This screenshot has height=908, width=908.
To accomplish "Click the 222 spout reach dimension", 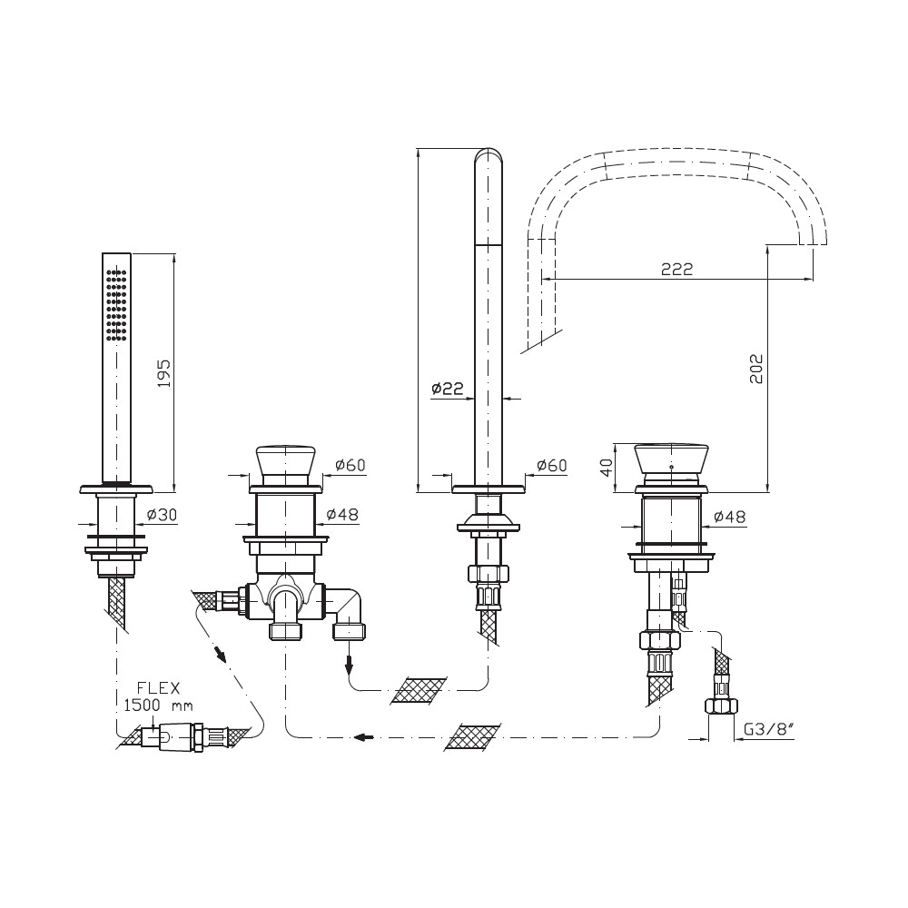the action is point(676,270).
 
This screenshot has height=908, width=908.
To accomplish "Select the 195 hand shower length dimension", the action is point(164,373).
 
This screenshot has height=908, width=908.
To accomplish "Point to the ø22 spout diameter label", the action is point(448,388).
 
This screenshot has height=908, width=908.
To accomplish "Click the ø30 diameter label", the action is point(162,514).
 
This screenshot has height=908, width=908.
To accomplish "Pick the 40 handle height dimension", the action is point(607,468).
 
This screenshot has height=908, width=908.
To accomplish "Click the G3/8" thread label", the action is point(768,729).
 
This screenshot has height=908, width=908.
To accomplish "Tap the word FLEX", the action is point(158,688).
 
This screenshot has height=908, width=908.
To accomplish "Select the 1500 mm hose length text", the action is point(158,706).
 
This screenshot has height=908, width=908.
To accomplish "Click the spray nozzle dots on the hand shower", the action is point(116,303).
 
